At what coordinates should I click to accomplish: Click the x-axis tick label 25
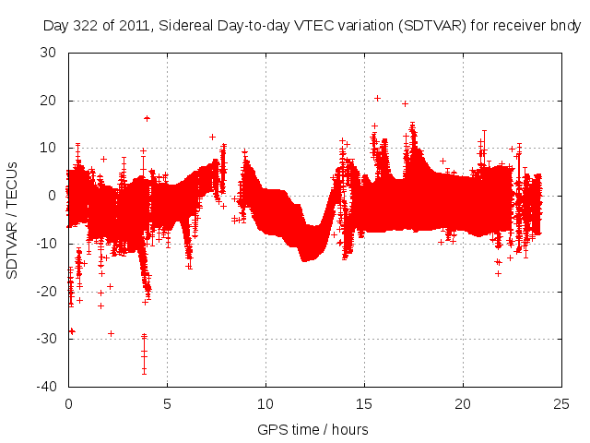[561, 403]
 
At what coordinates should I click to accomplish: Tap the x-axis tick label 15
[364, 403]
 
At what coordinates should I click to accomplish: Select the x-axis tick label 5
[167, 403]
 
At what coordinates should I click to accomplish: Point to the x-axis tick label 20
[463, 403]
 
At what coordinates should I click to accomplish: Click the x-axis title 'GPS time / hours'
[314, 429]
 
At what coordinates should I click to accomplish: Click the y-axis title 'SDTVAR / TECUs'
[12, 220]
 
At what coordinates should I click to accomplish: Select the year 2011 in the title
[136, 25]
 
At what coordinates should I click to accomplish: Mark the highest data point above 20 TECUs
[377, 98]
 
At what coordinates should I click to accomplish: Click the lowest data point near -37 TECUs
[144, 372]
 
